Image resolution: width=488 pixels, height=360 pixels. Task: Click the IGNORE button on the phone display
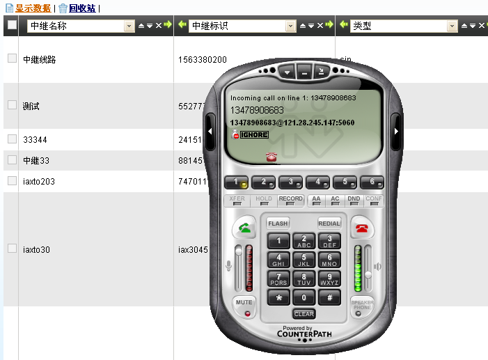[254, 134]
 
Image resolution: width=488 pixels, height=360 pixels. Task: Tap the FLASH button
[278, 224]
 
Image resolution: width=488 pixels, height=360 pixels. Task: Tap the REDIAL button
[329, 224]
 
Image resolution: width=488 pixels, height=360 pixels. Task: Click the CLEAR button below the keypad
[304, 314]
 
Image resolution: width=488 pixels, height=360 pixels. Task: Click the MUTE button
[244, 303]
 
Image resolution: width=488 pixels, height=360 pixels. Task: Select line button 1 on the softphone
[237, 182]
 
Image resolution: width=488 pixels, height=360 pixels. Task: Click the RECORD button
[290, 199]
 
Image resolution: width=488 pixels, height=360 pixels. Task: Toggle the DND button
[354, 199]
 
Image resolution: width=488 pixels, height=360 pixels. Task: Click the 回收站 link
[82, 8]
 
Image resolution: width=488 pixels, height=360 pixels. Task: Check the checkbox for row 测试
[12, 104]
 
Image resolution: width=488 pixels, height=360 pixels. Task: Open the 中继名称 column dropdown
[129, 26]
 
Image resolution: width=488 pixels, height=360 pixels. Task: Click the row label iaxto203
[39, 181]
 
